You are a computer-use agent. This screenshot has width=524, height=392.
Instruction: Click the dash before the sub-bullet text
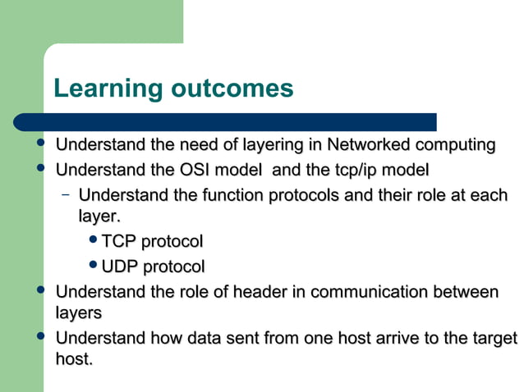click(x=65, y=195)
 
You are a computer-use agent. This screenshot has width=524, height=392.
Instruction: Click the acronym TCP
click(x=118, y=242)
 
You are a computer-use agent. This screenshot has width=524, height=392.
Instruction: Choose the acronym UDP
click(x=120, y=267)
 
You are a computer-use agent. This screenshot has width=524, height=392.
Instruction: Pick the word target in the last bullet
click(x=495, y=338)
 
